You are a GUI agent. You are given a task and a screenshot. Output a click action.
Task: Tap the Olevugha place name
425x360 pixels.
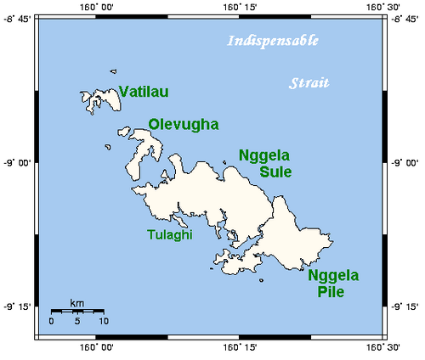[184, 124]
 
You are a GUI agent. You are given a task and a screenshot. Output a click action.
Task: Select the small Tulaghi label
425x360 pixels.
[170, 234]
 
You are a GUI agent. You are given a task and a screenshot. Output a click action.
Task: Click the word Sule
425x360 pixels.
[275, 172]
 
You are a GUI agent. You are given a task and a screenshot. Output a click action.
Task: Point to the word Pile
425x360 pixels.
[332, 292]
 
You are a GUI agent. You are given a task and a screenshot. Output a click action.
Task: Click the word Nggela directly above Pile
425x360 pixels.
[333, 276]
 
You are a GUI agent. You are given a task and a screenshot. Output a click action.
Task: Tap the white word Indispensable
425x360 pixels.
[272, 41]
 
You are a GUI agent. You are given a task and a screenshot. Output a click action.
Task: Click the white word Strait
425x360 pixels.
[309, 83]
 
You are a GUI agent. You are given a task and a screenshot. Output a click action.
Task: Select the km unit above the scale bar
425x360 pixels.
[76, 303]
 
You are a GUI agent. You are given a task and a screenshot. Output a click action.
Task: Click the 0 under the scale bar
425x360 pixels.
[51, 322]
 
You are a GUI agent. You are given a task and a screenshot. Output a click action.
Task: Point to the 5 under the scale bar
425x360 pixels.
[77, 322]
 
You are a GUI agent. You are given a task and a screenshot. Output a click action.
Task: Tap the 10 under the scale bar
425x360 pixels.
[103, 322]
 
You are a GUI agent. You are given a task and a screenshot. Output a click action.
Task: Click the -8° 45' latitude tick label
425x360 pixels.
[16, 18]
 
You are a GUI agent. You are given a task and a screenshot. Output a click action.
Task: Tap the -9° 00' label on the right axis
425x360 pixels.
[408, 161]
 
